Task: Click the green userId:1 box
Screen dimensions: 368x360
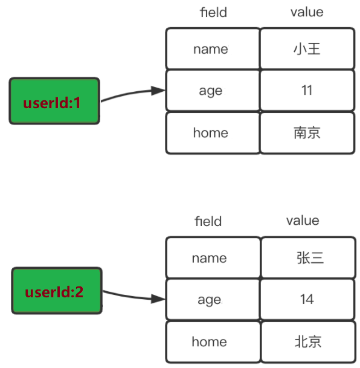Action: (x=54, y=101)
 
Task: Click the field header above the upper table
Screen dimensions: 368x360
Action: (x=213, y=12)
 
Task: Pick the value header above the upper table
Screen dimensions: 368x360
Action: (x=306, y=12)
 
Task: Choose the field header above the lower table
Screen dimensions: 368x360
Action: (x=208, y=221)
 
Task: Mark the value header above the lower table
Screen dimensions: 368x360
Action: (x=302, y=221)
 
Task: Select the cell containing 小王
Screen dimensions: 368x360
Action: (x=306, y=49)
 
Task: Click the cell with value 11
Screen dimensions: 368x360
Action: (x=306, y=91)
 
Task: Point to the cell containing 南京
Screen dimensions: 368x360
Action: (x=306, y=132)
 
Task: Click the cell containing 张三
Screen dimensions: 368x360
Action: (x=307, y=258)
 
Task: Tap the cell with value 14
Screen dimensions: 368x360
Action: (x=307, y=299)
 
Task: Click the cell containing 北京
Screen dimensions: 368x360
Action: (x=307, y=341)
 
